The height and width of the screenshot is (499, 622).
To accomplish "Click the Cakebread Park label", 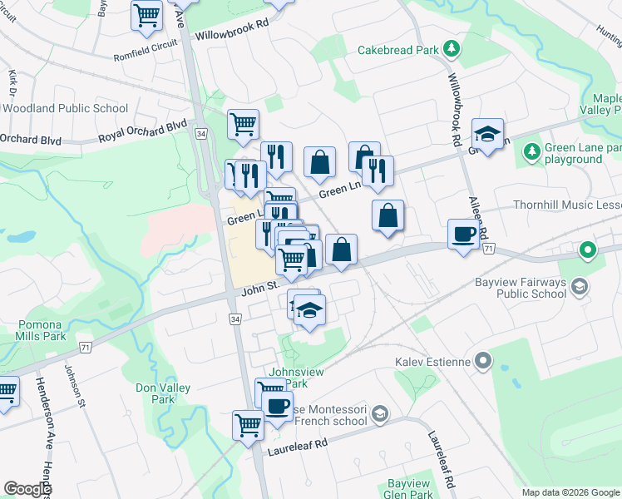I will pyautogui.click(x=397, y=50).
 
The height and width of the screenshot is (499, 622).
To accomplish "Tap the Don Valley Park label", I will pyautogui.click(x=163, y=393).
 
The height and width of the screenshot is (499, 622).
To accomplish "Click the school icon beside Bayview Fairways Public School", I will pyautogui.click(x=579, y=287).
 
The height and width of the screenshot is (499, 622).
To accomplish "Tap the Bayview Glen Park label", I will pyautogui.click(x=410, y=489).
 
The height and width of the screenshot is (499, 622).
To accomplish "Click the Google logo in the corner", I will pyautogui.click(x=27, y=489).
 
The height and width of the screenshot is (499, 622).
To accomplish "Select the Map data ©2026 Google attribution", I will pyautogui.click(x=570, y=492).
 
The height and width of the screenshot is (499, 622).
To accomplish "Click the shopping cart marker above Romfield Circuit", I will pyautogui.click(x=146, y=14).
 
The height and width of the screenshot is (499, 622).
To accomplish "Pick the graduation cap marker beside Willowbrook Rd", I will pyautogui.click(x=487, y=133).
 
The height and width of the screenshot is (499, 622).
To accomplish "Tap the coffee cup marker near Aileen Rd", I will pyautogui.click(x=462, y=234).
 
